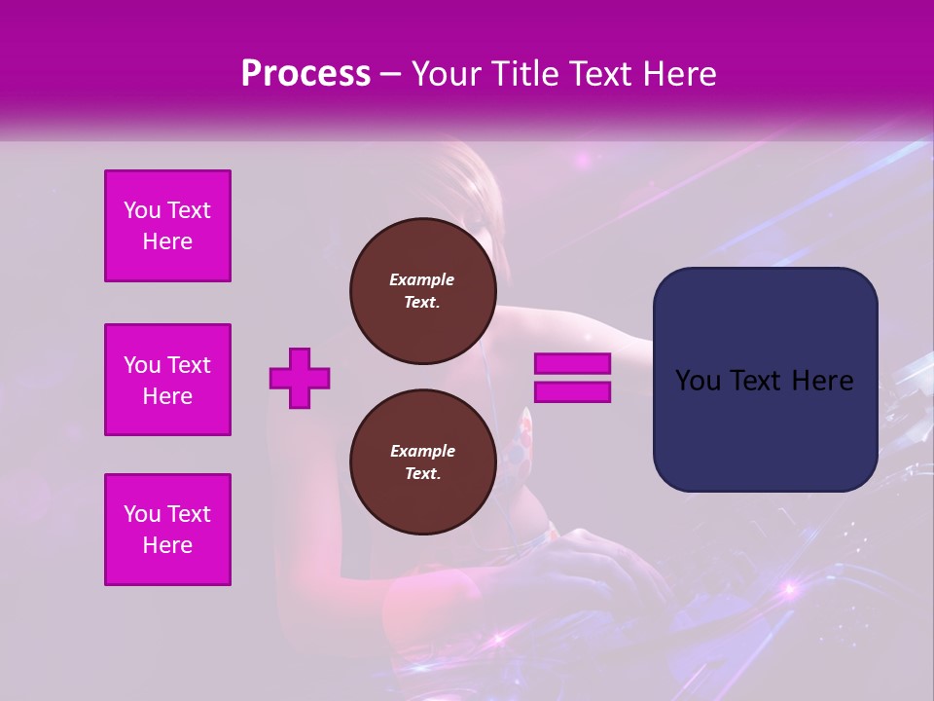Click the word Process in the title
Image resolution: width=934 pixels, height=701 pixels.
(305, 74)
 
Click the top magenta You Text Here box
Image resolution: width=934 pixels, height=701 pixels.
(167, 226)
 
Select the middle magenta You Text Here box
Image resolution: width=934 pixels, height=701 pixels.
(167, 380)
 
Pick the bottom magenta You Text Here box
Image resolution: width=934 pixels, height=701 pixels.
(167, 530)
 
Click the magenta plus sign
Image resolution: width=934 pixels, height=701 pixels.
(300, 378)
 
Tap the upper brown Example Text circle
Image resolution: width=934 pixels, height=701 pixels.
(422, 291)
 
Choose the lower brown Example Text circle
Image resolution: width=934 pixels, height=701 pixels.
(422, 462)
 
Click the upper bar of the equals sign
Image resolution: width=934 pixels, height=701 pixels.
(572, 364)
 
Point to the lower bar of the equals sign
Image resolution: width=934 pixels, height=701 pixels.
(572, 391)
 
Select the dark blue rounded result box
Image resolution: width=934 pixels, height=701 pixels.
(765, 379)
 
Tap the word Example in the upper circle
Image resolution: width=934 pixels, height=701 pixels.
(422, 279)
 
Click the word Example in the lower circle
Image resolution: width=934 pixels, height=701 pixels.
(422, 451)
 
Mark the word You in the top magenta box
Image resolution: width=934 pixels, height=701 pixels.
(142, 210)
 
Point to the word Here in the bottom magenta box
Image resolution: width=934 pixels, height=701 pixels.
(167, 545)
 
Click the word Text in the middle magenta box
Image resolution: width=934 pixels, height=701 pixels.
(188, 365)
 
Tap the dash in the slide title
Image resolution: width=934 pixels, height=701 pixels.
(391, 74)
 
